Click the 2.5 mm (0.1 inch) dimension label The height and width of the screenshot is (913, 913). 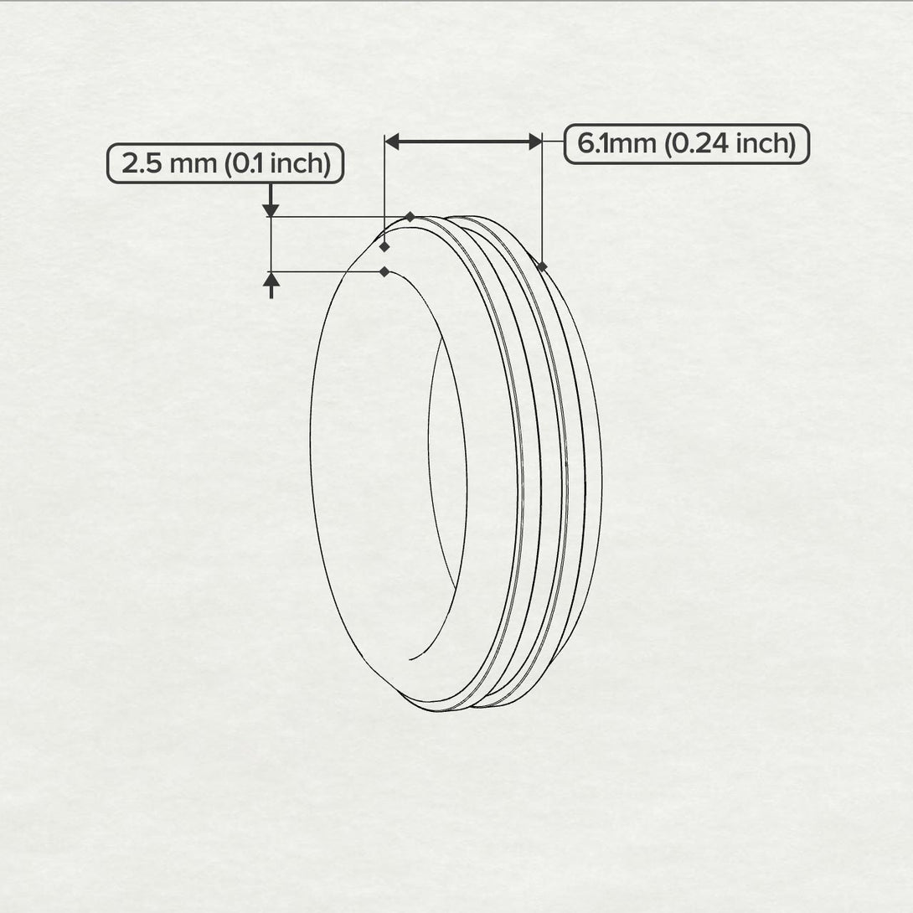[225, 163]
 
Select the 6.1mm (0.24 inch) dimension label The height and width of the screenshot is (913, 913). [686, 144]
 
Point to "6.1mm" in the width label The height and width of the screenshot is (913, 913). [617, 144]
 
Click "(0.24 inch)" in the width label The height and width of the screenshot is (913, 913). [729, 144]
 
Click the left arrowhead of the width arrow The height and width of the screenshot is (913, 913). [392, 142]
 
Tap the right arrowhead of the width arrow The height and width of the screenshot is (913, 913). [535, 142]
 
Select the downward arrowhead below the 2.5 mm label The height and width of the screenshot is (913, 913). [271, 209]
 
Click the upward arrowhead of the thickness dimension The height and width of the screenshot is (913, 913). [271, 280]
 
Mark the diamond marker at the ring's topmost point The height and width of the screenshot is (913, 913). [410, 217]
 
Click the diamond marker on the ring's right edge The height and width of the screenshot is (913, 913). [543, 266]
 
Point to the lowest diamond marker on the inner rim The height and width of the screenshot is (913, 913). [384, 271]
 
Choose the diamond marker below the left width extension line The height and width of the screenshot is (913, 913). [384, 247]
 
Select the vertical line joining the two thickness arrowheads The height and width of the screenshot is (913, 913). [271, 244]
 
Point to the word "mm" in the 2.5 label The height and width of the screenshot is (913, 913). [193, 163]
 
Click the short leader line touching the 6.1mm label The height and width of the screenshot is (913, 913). [554, 143]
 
